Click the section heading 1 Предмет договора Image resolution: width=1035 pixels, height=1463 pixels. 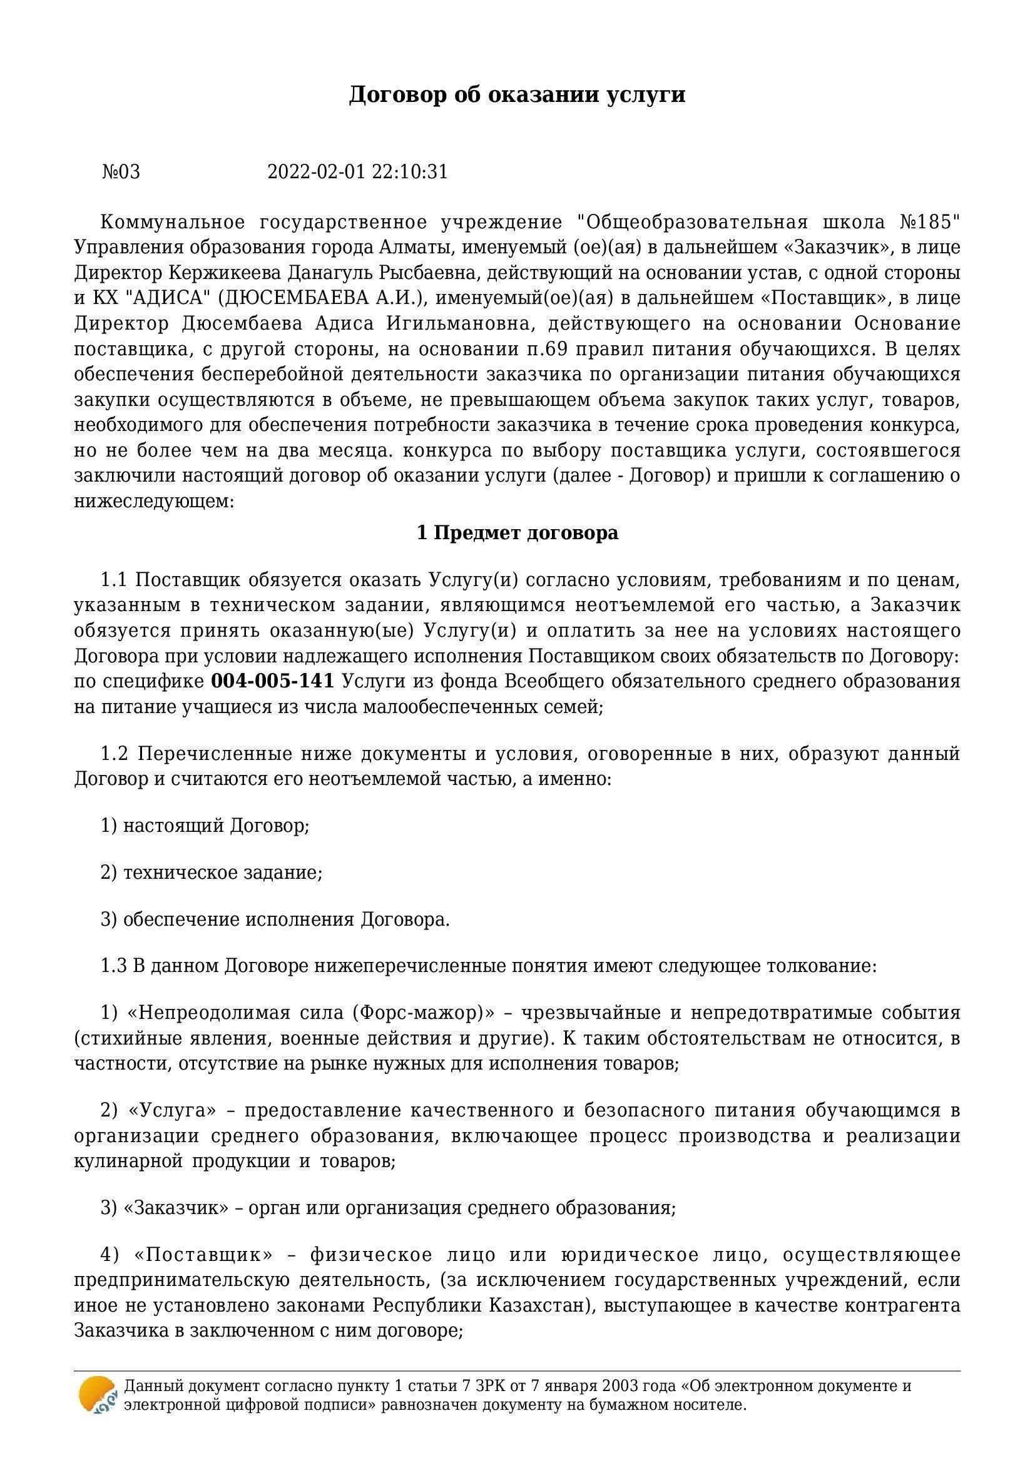click(517, 533)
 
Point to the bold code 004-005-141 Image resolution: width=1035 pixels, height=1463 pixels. click(272, 681)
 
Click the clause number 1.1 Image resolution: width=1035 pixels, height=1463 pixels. click(115, 580)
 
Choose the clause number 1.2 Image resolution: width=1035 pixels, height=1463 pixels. click(115, 754)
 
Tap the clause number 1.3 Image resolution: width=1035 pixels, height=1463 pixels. click(115, 966)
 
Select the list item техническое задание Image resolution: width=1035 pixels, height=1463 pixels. click(222, 873)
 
